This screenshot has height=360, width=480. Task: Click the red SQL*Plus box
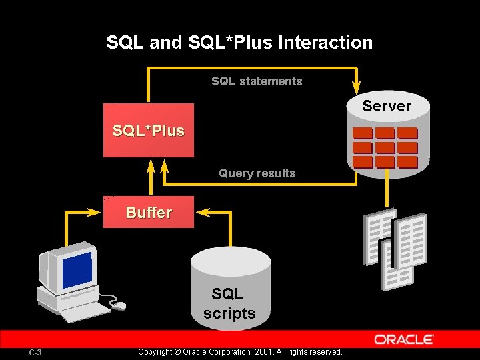[x=148, y=131]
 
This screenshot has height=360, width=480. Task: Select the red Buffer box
[x=148, y=212]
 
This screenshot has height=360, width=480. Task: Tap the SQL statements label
[x=257, y=81]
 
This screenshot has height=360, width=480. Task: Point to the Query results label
[x=257, y=173]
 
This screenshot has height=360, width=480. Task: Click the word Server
[x=387, y=106]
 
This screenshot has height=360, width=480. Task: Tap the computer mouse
[x=119, y=305]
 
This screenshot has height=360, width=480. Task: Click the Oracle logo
[x=404, y=339]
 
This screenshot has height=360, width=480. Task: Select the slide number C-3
[x=35, y=352]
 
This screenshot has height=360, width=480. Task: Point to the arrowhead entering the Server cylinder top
[x=357, y=88]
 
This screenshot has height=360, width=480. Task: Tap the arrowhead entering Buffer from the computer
[x=97, y=213]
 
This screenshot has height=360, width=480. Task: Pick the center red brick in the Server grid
[x=385, y=147]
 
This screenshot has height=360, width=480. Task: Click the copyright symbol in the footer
[x=177, y=352]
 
